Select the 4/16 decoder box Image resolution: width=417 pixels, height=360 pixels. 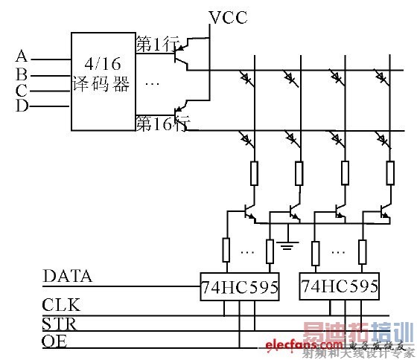(x=102, y=80)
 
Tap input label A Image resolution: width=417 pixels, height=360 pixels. (x=22, y=57)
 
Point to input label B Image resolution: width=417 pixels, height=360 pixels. (x=22, y=74)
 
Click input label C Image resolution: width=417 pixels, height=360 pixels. (x=22, y=91)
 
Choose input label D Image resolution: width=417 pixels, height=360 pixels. (x=22, y=106)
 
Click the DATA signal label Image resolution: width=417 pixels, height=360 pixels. (x=68, y=277)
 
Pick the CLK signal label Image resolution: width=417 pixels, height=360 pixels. (x=62, y=306)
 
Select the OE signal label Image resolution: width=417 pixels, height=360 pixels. (x=57, y=342)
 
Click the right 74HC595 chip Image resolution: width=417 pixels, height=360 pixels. (x=339, y=286)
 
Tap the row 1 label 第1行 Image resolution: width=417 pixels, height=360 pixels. (x=153, y=44)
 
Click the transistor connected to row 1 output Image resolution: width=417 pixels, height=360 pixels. (x=182, y=52)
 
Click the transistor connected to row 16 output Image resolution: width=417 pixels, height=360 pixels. (x=182, y=114)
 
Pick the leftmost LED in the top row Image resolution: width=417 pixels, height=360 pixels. (x=246, y=77)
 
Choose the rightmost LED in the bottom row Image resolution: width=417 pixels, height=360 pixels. (x=383, y=138)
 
